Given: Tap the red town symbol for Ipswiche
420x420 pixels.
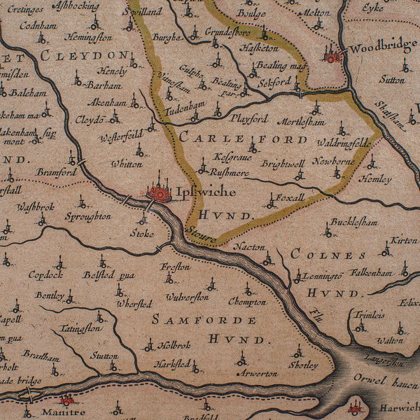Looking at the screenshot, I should coord(160,191).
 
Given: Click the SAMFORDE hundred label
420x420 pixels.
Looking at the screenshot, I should coord(204,320).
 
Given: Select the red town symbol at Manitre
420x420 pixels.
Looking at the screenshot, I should coord(67,400).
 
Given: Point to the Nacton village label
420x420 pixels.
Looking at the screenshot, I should coord(249,246).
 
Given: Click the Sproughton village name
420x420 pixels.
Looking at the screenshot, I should coord(88,216).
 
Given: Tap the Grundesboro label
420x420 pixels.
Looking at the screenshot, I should coord(227,31).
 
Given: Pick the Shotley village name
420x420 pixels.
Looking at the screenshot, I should coord(302,365).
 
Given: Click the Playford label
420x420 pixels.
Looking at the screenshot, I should coord(249,118).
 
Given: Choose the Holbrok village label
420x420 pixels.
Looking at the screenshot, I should coord(174,344).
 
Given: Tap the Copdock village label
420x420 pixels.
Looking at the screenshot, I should coord(46,274).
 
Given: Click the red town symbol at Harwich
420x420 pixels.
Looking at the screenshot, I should coord(355,407).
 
